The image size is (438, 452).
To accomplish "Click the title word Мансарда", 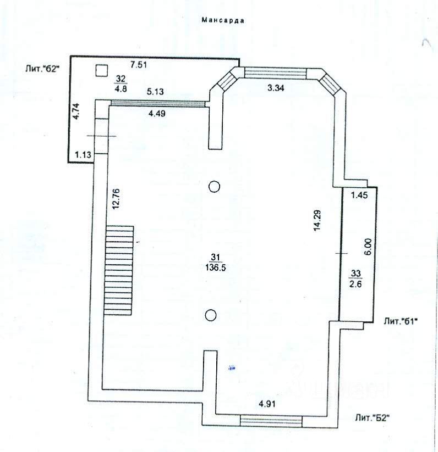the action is coord(223,20).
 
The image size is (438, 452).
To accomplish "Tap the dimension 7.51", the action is coord(139,65).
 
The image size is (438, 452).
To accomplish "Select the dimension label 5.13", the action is coord(155,91).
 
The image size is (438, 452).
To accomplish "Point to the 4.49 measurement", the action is coord(157,114).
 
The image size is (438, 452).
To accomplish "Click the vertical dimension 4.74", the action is coord(76,111).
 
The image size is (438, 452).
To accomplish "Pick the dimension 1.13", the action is coord(83,155).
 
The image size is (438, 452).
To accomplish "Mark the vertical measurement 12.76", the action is coord(116,199).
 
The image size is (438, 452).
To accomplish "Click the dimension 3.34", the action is coord(276,88).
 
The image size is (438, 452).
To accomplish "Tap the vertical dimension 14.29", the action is coord(317,221).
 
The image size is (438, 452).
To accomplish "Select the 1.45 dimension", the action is coord(359,195).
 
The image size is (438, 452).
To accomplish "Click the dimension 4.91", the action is coord(267,404).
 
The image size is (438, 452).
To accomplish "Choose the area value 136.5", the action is coord(215,268).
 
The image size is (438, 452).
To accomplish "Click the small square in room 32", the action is coord(102,70).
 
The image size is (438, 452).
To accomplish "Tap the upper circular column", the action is coord(214,187).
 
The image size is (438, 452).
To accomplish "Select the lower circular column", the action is coord(211,315).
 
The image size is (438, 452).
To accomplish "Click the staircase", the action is coord(119,271).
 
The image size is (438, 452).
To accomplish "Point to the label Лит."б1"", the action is coord(401,321).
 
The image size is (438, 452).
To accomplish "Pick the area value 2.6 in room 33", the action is coord(355,284).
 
